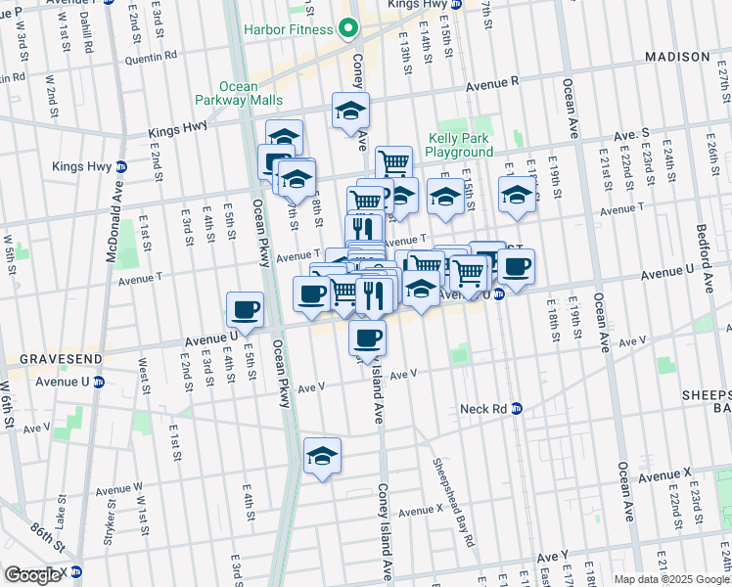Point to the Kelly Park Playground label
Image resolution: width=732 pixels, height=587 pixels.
coord(460,145)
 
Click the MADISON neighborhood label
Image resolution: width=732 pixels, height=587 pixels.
coord(676,58)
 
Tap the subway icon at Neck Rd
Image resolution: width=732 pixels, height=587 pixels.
coord(517,408)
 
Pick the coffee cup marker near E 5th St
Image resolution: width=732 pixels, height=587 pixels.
coord(244,308)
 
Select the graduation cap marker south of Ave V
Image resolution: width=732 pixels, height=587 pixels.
coord(322,455)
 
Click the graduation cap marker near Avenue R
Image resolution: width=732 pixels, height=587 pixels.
coord(349,110)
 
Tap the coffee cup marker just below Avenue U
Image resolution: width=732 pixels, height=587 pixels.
coord(367,338)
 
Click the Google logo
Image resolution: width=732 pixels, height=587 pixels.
coord(32,575)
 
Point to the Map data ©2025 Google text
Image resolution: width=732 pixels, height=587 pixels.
coord(672,579)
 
